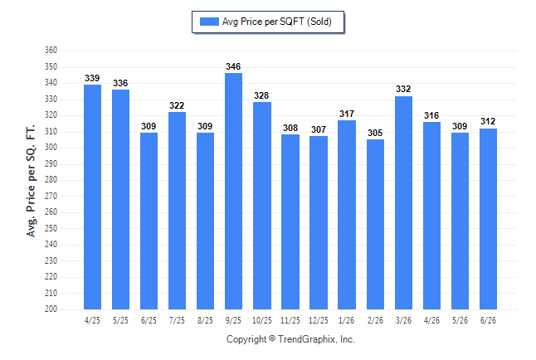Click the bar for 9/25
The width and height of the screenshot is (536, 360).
pyautogui.click(x=233, y=191)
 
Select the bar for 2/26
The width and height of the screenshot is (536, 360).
pyautogui.click(x=375, y=224)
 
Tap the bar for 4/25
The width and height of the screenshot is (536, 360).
pyautogui.click(x=92, y=197)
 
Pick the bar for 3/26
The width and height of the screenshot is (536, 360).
pyautogui.click(x=404, y=202)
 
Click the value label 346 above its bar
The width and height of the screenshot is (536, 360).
pyautogui.click(x=233, y=66)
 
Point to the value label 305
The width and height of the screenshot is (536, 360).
pyautogui.click(x=375, y=133)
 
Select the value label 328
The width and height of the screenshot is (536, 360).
pyautogui.click(x=261, y=95)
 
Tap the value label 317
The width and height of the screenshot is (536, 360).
pyautogui.click(x=347, y=114)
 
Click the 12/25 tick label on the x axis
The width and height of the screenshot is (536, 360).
pyautogui.click(x=319, y=321)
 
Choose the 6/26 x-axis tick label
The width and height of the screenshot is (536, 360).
pyautogui.click(x=488, y=321)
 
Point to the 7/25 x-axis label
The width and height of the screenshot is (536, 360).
pyautogui.click(x=177, y=321)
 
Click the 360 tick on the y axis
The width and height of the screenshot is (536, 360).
pyautogui.click(x=51, y=51)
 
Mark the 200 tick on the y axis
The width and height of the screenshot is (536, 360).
pyautogui.click(x=51, y=309)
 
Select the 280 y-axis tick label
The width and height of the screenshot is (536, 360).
pyautogui.click(x=51, y=180)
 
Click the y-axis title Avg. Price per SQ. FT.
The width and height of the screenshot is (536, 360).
pyautogui.click(x=31, y=181)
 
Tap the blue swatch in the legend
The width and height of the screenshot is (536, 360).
pyautogui.click(x=209, y=22)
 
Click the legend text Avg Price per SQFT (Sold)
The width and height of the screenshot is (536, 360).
pyautogui.click(x=277, y=22)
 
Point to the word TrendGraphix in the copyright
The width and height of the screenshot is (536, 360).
pyautogui.click(x=307, y=339)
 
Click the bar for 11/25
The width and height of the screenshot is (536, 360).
pyautogui.click(x=290, y=221)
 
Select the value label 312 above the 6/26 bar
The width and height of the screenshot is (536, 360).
pyautogui.click(x=488, y=121)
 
